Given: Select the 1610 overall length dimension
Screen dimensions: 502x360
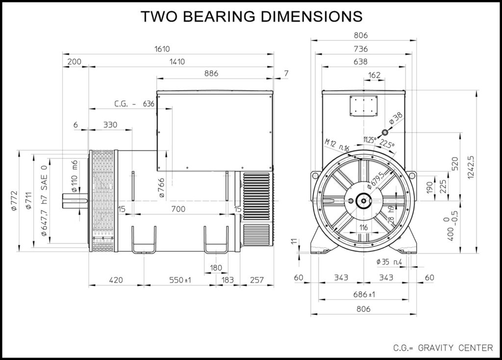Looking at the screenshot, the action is pos(162,49).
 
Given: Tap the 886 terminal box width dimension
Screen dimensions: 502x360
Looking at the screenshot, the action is pos(211,74).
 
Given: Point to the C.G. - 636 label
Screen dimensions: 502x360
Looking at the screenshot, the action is pos(134,104).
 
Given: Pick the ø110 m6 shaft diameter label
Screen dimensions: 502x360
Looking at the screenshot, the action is pos(75,176).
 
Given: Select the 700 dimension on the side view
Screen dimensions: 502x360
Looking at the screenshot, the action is pos(178,209).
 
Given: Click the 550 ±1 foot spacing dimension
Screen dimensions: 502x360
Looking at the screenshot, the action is pos(180,280).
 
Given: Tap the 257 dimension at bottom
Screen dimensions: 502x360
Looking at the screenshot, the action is pos(256,280).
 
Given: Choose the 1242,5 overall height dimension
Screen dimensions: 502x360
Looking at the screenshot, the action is pos(470,168).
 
